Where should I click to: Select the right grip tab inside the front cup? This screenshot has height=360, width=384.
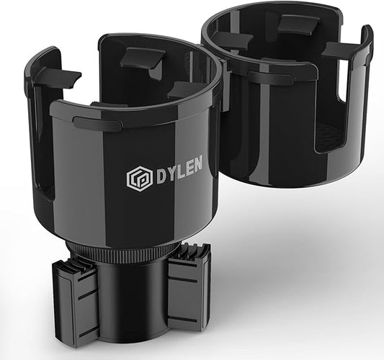click(x=186, y=89)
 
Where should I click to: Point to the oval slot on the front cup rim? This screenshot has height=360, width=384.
click(x=97, y=123)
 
